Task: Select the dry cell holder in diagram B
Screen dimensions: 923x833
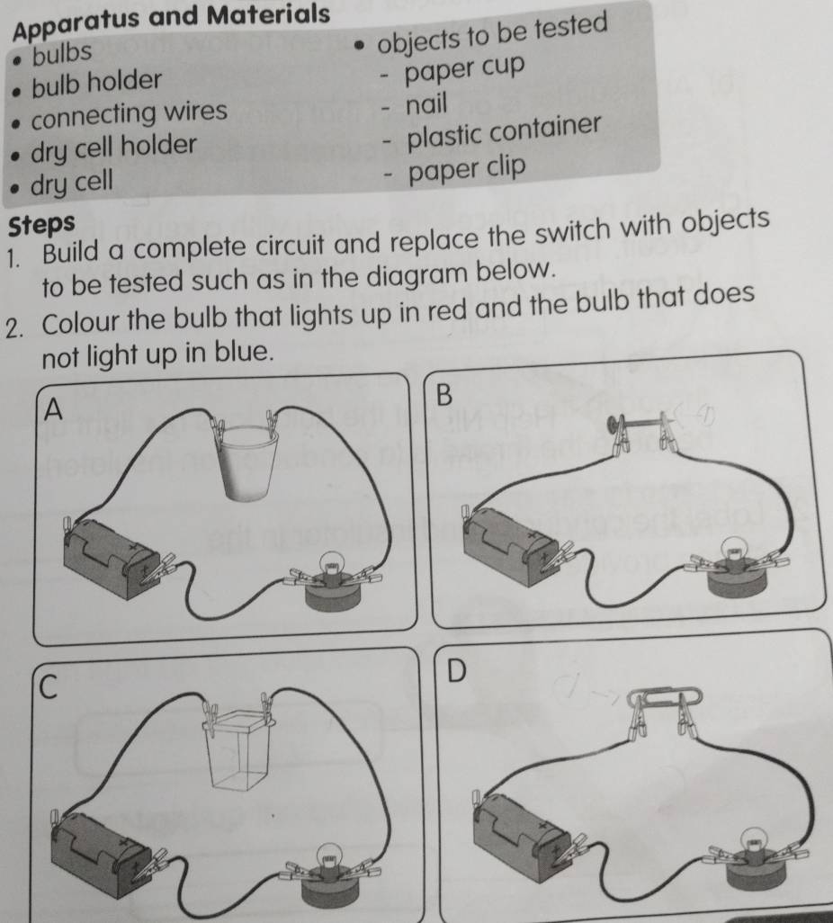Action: click(508, 542)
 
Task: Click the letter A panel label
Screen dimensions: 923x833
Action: click(55, 410)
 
